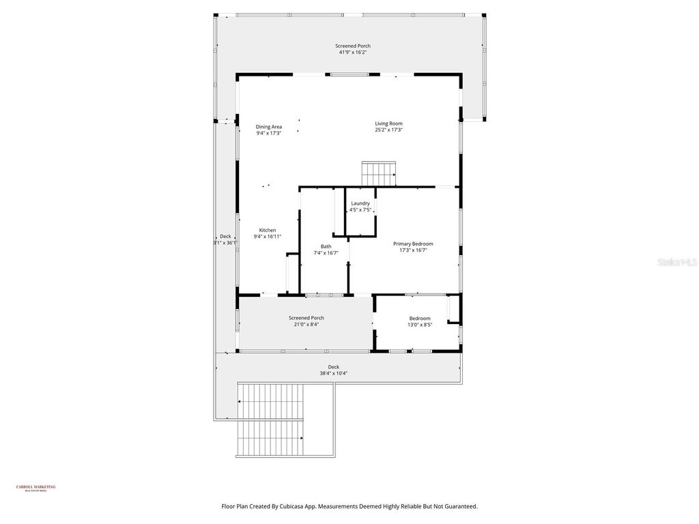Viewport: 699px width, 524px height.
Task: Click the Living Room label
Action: click(388, 123)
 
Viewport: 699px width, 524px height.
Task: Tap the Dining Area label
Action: click(268, 127)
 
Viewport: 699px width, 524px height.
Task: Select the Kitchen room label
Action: click(268, 230)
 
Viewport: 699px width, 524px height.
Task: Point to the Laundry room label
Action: click(360, 203)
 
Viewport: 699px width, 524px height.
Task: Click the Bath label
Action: click(326, 246)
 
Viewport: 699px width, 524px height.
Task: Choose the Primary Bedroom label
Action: click(413, 244)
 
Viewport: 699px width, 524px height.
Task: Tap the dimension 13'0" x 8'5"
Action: click(420, 325)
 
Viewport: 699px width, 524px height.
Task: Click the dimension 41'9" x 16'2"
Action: click(353, 52)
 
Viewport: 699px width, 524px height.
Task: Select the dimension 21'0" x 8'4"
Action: click(306, 324)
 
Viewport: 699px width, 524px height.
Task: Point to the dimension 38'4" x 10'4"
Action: click(334, 373)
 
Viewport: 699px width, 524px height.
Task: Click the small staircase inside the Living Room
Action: click(379, 173)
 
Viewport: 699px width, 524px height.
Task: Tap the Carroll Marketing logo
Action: click(35, 488)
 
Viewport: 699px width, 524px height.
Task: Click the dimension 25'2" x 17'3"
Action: click(388, 130)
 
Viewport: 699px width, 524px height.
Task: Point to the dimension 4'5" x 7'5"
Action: click(360, 210)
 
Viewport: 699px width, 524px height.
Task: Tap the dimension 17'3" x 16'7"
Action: click(413, 250)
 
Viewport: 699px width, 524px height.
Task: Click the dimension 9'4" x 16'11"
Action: click(268, 237)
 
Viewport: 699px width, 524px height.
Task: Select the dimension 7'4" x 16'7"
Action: click(326, 253)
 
